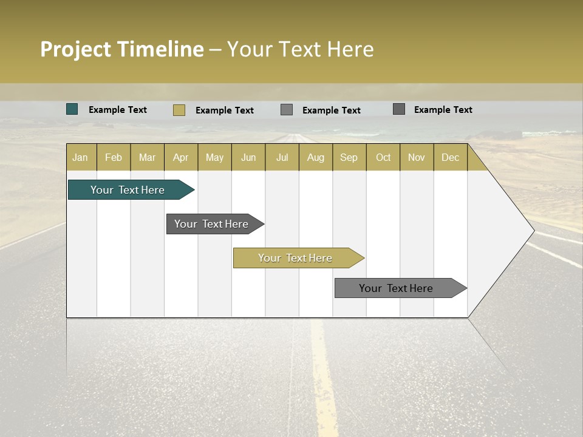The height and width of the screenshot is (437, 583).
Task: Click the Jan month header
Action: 80,157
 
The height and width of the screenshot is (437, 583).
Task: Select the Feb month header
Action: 114,157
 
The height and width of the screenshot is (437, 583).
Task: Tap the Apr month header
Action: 180,157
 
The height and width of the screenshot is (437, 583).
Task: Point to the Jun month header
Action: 248,157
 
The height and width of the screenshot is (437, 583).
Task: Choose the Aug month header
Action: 315,157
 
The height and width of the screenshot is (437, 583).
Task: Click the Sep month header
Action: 349,157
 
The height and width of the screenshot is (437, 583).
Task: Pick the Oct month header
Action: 383,157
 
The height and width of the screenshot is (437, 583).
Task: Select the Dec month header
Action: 450,157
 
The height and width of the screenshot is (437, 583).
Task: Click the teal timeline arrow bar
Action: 128,190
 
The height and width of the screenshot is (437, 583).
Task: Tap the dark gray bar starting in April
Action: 212,224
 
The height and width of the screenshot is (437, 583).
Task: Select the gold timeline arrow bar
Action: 296,258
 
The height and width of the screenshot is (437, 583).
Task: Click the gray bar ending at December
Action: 397,288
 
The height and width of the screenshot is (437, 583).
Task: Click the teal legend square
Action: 72,109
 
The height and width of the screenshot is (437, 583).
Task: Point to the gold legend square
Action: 179,110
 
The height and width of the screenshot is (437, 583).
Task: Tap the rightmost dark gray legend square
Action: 399,109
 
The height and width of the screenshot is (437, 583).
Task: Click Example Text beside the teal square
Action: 118,110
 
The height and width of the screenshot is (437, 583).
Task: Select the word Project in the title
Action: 75,49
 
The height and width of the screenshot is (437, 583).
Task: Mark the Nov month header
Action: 416,157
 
